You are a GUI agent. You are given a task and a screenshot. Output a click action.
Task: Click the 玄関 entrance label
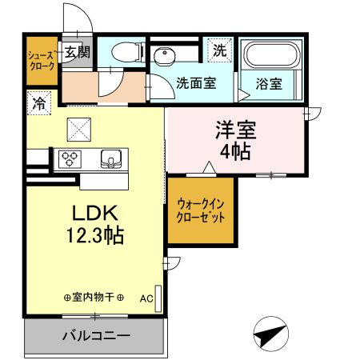[x=78, y=53]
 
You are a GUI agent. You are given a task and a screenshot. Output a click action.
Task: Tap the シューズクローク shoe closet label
[x=42, y=62]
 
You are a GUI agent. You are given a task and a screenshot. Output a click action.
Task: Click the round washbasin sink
[x=165, y=55]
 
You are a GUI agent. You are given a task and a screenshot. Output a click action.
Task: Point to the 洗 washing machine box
[x=219, y=50]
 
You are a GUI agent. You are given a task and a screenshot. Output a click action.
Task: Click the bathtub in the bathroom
[x=270, y=55]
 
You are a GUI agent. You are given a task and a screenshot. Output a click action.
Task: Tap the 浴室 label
[x=268, y=82]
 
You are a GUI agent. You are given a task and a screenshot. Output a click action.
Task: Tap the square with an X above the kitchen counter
[x=79, y=126]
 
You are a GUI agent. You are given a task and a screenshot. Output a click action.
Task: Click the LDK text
[x=96, y=213]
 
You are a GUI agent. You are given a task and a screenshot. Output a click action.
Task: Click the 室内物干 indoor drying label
[x=93, y=298]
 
